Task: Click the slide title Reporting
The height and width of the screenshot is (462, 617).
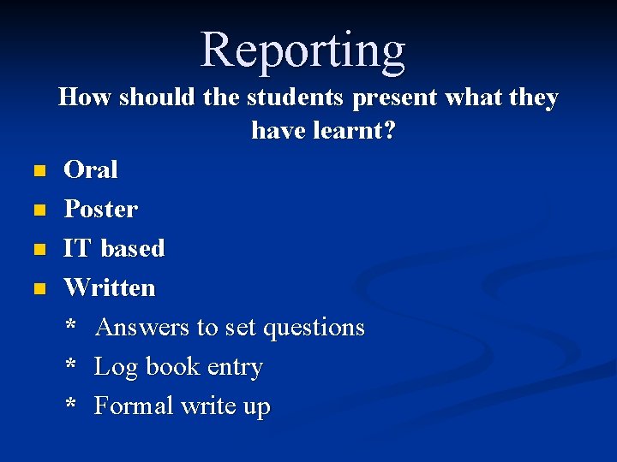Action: pos(303,49)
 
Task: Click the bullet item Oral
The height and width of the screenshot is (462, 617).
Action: pos(91,169)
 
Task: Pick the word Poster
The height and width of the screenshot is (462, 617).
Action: pos(100,209)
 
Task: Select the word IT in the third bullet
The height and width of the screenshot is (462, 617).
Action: pos(77,248)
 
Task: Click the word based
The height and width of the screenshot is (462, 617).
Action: pos(133,248)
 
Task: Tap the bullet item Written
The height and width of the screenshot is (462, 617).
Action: pos(110,287)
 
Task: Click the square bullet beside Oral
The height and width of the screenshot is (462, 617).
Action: pos(38,171)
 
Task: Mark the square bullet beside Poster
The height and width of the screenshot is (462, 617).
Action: pos(38,210)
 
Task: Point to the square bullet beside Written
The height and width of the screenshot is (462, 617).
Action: pos(38,289)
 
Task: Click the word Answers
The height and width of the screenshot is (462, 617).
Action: pos(142,328)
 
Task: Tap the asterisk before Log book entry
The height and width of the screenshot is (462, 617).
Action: pos(71,365)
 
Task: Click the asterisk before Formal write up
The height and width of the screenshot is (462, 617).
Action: pos(71,405)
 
